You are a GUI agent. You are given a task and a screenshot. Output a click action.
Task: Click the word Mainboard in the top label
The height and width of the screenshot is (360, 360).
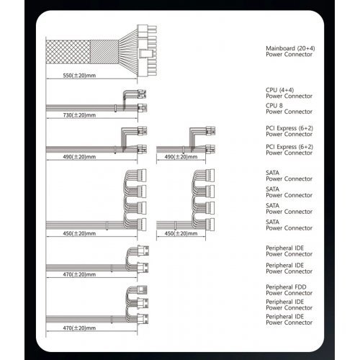280,48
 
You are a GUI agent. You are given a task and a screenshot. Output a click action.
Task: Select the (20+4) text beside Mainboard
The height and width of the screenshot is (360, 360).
306,48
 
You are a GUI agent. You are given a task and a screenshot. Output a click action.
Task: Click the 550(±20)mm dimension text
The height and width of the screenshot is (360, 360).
79,76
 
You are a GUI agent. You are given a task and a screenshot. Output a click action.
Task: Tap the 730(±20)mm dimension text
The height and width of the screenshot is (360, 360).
79,115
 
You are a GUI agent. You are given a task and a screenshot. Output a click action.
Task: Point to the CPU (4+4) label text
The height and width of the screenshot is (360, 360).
279,90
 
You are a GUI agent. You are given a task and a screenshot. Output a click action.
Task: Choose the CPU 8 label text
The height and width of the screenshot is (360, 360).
274,106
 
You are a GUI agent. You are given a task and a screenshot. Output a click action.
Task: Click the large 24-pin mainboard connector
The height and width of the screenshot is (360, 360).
147,51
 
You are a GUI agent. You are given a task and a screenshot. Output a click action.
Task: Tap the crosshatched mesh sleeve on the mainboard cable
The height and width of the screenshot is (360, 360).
68,52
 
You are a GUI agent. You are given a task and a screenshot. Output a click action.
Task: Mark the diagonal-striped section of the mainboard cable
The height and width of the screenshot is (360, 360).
104,52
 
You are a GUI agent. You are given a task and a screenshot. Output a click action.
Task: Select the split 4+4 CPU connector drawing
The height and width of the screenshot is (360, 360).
142,94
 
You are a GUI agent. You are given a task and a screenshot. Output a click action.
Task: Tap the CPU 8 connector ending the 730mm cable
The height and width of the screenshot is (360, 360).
143,108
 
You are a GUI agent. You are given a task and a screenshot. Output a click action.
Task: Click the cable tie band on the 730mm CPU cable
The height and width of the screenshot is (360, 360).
115,108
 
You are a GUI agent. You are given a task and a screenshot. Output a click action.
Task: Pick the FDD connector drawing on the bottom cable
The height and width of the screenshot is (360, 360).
142,290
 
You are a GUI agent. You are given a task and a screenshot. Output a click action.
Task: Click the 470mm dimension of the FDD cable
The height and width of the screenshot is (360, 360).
79,328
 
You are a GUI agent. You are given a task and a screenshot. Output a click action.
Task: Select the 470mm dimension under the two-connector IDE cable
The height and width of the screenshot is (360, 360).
79,274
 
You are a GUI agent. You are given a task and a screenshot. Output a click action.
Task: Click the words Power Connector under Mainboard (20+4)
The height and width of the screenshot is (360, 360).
289,55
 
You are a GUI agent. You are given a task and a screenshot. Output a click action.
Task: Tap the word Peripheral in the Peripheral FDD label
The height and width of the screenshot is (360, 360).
279,287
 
